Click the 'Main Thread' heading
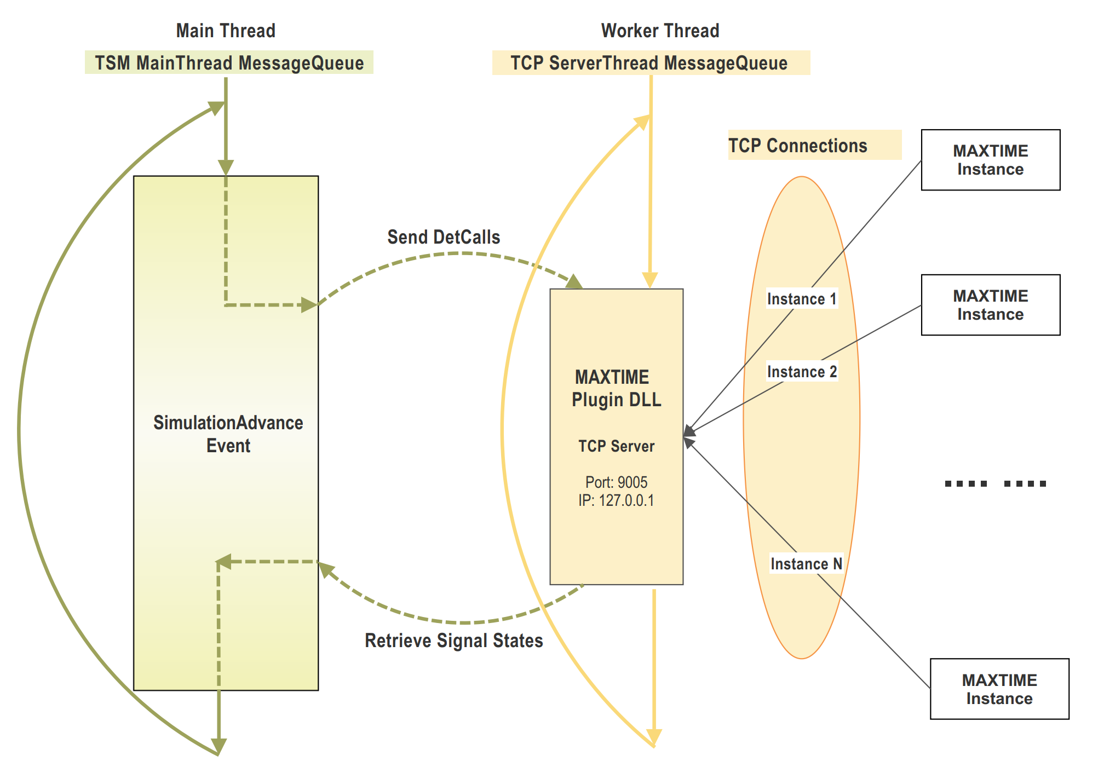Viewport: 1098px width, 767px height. click(226, 31)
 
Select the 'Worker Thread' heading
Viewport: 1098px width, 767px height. click(660, 31)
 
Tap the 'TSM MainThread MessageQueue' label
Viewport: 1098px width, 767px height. click(229, 63)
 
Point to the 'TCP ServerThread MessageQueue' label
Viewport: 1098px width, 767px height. click(649, 63)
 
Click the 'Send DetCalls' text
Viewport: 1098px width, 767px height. click(444, 237)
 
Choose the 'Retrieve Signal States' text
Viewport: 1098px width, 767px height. click(453, 641)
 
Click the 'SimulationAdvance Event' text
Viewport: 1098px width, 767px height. click(228, 434)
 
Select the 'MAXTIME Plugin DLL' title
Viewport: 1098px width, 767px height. click(616, 388)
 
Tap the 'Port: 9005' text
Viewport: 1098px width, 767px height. click(616, 482)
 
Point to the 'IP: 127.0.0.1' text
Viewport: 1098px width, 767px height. click(616, 500)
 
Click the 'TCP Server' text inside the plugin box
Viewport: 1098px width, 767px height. click(616, 446)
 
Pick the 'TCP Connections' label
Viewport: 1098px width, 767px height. click(798, 146)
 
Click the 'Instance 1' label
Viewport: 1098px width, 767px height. click(802, 299)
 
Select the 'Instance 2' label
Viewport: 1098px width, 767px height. click(802, 372)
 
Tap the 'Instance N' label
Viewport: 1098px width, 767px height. click(806, 564)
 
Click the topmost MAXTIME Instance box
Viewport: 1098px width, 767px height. click(990, 160)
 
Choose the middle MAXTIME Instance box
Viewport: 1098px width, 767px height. click(990, 305)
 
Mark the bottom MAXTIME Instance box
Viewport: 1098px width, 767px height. click(999, 689)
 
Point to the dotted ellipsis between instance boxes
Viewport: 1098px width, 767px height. click(996, 483)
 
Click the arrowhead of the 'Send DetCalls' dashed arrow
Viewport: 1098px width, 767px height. click(575, 282)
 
